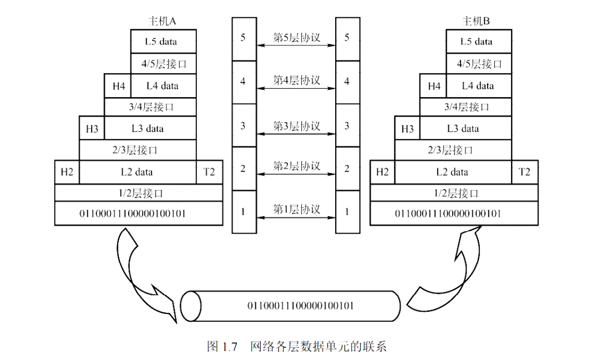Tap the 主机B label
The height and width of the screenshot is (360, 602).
(x=476, y=22)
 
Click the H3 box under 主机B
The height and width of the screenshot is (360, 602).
(x=407, y=129)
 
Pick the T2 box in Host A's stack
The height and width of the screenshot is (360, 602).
(x=209, y=172)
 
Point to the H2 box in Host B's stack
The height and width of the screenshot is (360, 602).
(x=382, y=172)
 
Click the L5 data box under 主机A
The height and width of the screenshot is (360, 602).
(x=163, y=42)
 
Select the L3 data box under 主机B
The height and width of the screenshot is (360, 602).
(x=463, y=129)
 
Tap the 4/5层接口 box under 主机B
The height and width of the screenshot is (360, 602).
(x=479, y=64)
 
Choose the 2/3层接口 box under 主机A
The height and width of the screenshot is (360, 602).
(x=138, y=150)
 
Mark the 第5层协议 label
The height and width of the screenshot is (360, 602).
(x=297, y=37)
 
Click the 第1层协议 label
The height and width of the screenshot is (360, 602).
(x=297, y=209)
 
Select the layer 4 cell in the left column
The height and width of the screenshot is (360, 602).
(x=243, y=82)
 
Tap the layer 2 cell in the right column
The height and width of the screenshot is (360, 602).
(x=347, y=168)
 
